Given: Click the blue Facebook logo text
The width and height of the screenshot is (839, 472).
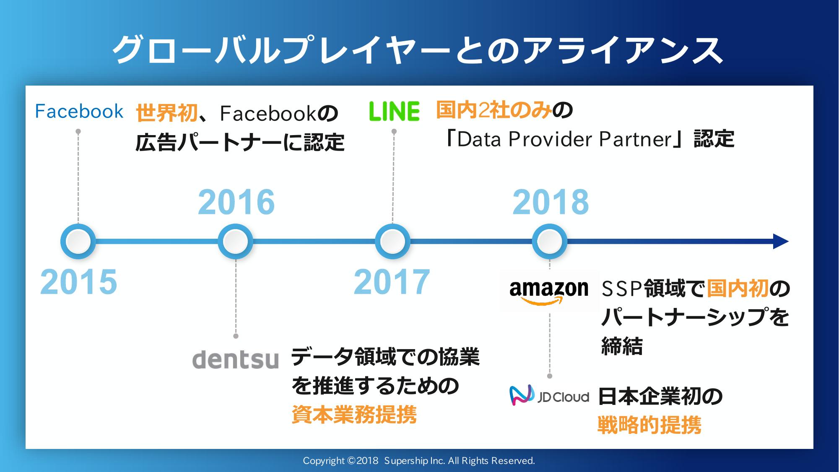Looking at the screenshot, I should (x=79, y=112).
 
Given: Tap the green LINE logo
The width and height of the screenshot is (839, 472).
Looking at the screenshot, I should (x=394, y=112).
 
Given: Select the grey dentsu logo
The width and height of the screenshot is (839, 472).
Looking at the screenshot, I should (x=235, y=360).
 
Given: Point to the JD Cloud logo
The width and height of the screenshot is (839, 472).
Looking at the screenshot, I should (x=549, y=395).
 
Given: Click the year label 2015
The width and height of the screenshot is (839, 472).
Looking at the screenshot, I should (x=78, y=282).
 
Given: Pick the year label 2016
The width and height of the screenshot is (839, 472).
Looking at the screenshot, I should (x=236, y=202).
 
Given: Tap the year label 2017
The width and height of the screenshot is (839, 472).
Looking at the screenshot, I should (x=392, y=282).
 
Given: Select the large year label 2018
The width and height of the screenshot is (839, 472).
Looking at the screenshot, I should (x=551, y=202).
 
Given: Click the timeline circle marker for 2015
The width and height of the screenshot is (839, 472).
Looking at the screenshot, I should (x=78, y=242).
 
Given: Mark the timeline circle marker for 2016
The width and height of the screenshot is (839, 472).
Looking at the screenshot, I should (x=235, y=242).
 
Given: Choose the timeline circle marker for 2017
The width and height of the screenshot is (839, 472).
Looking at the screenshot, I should (x=392, y=242).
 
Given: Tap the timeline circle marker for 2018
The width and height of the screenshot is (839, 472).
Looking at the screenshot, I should (x=549, y=242).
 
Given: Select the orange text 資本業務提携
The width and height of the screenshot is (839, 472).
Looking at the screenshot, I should (x=354, y=415).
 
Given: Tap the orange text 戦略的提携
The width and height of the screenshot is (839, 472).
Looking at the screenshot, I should (x=649, y=425).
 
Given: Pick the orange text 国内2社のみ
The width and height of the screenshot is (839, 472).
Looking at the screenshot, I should (x=494, y=110).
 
